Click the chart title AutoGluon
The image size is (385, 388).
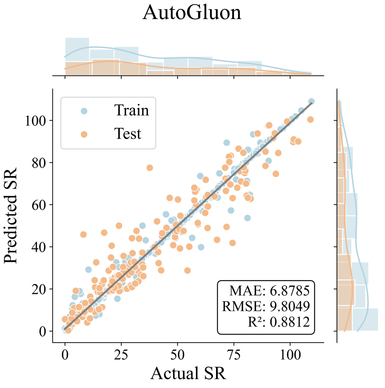[x=192, y=13]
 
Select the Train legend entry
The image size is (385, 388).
[x=131, y=111]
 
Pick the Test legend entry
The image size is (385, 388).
[x=128, y=134]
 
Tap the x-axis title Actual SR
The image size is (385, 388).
[x=188, y=374]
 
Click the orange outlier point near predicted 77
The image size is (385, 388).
[x=149, y=168]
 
